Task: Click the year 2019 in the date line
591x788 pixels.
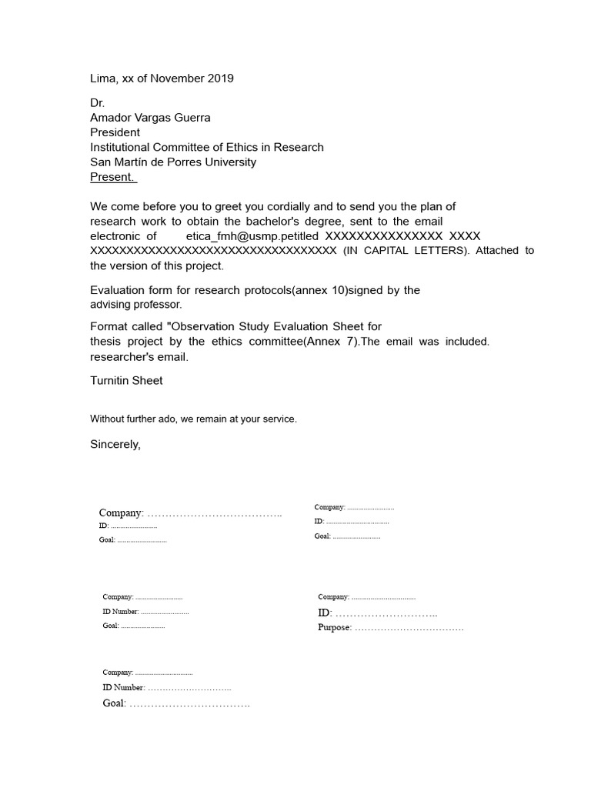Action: pos(220,78)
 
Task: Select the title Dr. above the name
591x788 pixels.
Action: pos(97,103)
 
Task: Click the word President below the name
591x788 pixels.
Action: pos(115,132)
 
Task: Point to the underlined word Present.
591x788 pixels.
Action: pos(112,176)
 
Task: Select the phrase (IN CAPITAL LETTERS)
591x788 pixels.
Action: pos(406,251)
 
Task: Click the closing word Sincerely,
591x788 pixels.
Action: pos(115,444)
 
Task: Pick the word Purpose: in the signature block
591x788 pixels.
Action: pos(335,628)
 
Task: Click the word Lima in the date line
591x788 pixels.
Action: pos(103,78)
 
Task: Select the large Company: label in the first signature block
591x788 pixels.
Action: pos(121,513)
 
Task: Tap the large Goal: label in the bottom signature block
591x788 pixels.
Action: pos(115,703)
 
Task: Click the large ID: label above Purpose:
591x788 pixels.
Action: pos(325,613)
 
